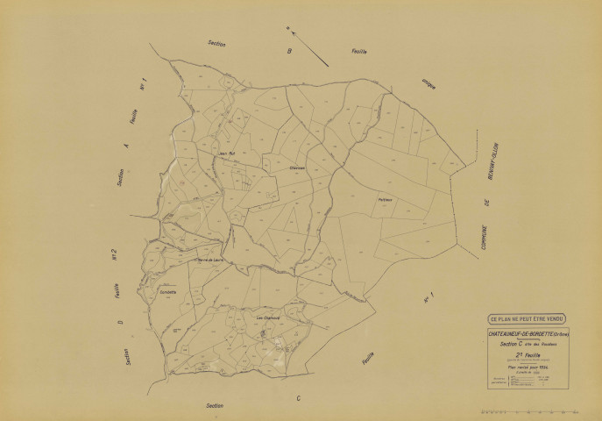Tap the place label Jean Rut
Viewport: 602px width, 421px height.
(226, 153)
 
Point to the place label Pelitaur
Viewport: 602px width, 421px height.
(386, 199)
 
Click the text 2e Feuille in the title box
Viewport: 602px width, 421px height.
(528, 353)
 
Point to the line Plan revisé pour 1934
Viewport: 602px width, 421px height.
(528, 367)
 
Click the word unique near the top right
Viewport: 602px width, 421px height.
(428, 83)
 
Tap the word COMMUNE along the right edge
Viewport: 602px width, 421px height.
(482, 241)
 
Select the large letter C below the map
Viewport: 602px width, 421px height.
(298, 399)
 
